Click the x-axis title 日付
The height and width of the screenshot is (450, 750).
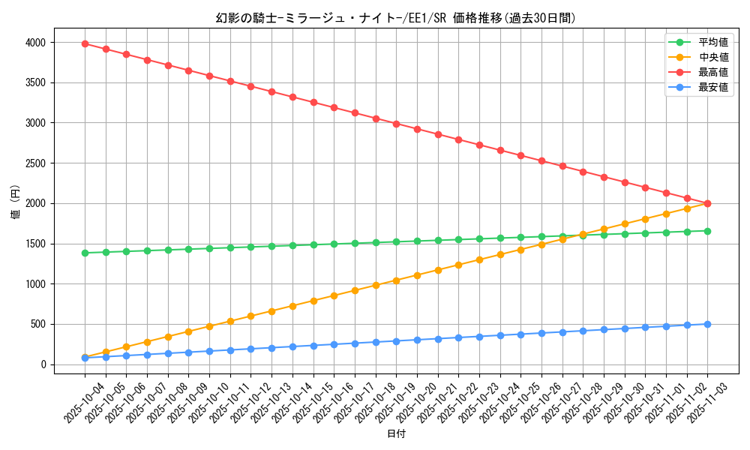[x=396, y=434]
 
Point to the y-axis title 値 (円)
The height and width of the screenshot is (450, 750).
[x=15, y=202]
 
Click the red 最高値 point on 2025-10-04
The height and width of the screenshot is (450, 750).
[x=85, y=43]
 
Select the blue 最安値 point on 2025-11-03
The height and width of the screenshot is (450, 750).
[x=707, y=324]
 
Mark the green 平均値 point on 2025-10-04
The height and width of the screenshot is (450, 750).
[x=85, y=253]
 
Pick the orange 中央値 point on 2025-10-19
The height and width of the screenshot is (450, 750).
[x=396, y=280]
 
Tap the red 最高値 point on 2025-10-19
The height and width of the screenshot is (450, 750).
[x=396, y=124]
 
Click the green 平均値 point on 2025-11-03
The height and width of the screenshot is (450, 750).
[x=707, y=231]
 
